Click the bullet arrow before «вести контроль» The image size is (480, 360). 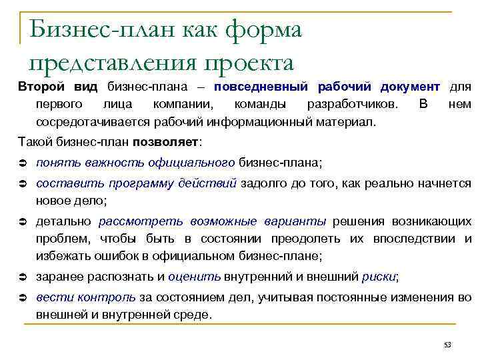23,297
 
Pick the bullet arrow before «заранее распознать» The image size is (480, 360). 23,277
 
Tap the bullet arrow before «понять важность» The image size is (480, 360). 23,163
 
